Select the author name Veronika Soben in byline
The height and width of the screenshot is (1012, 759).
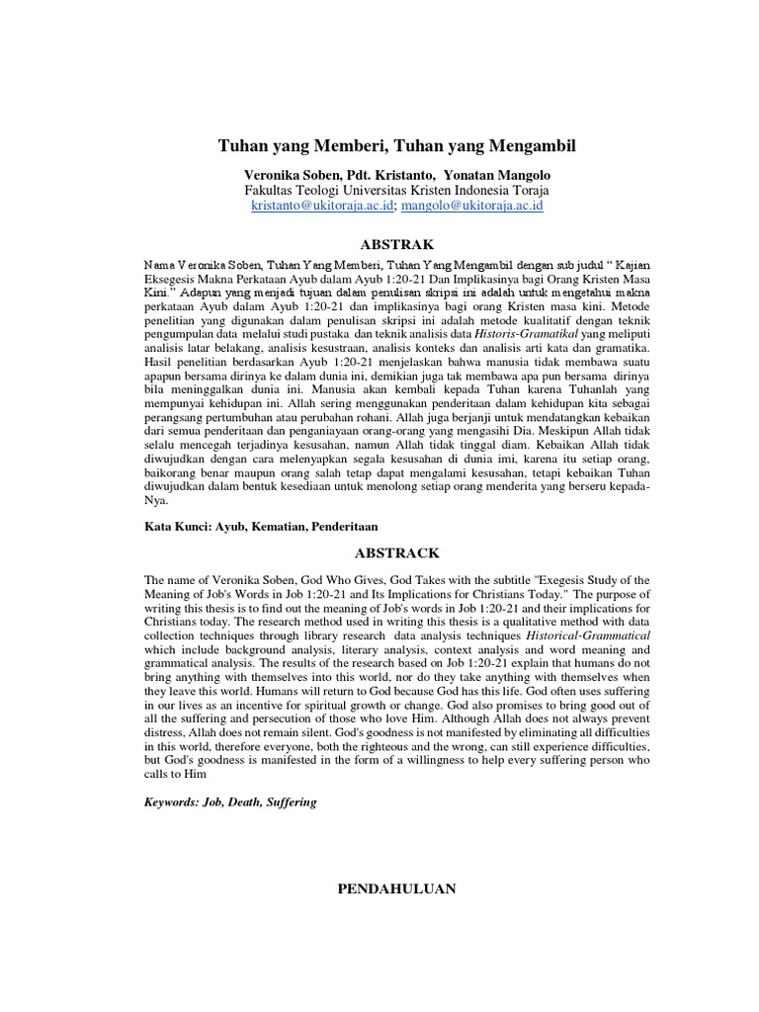pyautogui.click(x=292, y=173)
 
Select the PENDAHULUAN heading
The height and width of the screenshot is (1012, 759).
pyautogui.click(x=396, y=888)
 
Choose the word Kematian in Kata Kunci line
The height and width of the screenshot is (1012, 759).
pyautogui.click(x=272, y=527)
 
